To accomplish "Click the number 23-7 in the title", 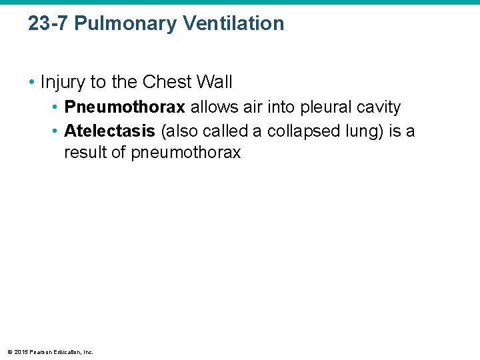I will pyautogui.click(x=47, y=24).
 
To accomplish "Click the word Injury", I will pyautogui.click(x=63, y=82).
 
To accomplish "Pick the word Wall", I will pyautogui.click(x=215, y=82).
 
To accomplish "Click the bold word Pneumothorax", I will pyautogui.click(x=124, y=107).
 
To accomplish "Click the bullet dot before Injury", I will pyautogui.click(x=31, y=83).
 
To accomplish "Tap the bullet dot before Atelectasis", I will pyautogui.click(x=55, y=131).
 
